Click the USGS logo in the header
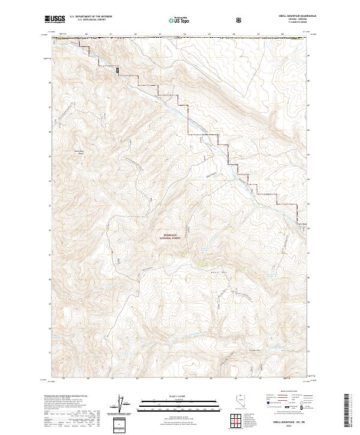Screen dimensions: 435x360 click(x=56, y=19)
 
